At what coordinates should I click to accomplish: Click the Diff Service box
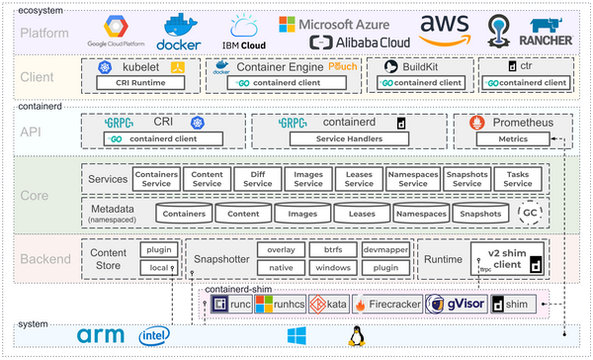257,178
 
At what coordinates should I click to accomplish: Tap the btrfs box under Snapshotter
330,249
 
